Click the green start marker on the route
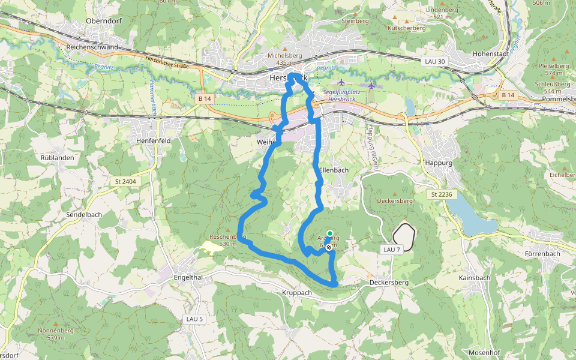[329, 233]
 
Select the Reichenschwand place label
[92, 47]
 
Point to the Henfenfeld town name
[147, 141]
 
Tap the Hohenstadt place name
[491, 53]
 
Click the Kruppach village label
[296, 293]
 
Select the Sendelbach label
[83, 214]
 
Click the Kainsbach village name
[474, 278]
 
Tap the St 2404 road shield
[125, 181]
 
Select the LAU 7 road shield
[391, 249]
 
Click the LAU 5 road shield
[195, 318]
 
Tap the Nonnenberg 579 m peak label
[55, 334]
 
